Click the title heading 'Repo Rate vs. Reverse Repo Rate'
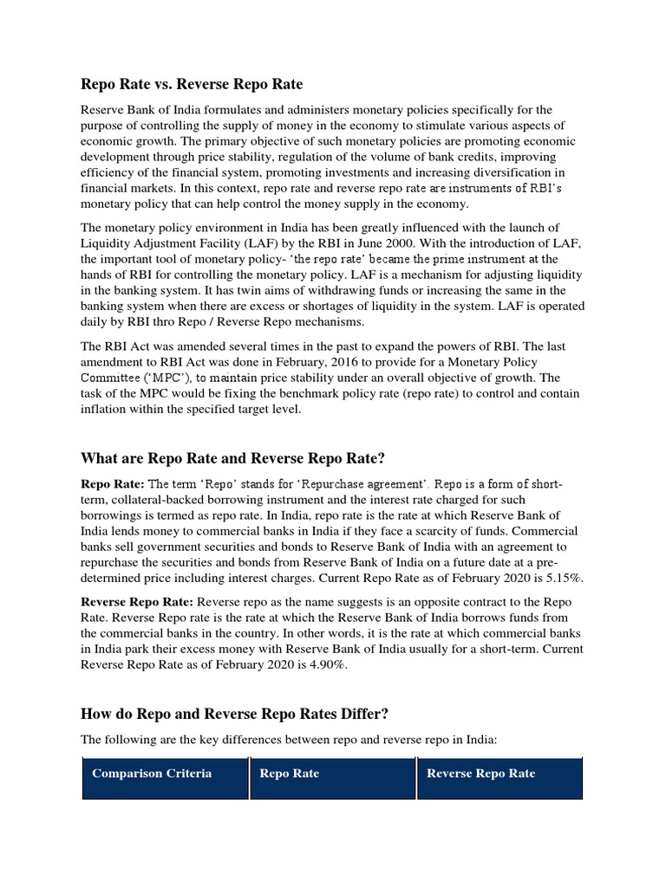pos(192,84)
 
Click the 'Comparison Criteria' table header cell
pos(152,774)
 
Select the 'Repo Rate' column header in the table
pos(290,774)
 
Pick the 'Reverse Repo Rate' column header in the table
pos(480,774)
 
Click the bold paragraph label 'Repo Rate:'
pos(113,483)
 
